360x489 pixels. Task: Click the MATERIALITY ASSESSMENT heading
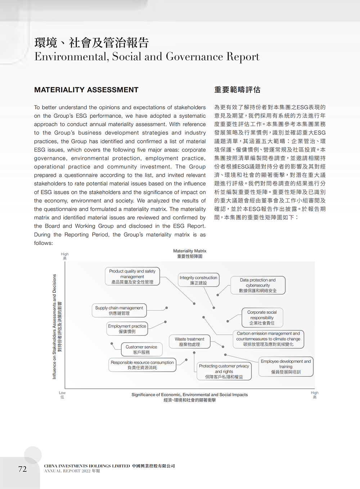pyautogui.click(x=86, y=90)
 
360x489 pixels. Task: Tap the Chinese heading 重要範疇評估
pyautogui.click(x=237, y=90)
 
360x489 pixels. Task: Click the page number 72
pyautogui.click(x=22, y=469)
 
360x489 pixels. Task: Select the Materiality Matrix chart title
pyautogui.click(x=190, y=254)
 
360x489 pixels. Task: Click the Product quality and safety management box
pyautogui.click(x=132, y=276)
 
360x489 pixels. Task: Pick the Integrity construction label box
pyautogui.click(x=198, y=280)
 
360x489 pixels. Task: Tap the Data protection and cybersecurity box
pyautogui.click(x=258, y=285)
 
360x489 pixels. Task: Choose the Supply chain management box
pyautogui.click(x=119, y=310)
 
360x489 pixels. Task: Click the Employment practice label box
pyautogui.click(x=127, y=329)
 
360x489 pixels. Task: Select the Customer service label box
pyautogui.click(x=141, y=350)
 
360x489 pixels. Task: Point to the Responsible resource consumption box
pyautogui.click(x=142, y=365)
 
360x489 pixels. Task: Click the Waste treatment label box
pyautogui.click(x=189, y=342)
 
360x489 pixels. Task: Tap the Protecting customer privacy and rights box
pyautogui.click(x=224, y=371)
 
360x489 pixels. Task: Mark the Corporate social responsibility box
pyautogui.click(x=262, y=317)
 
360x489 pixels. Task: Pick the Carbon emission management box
pyautogui.click(x=268, y=339)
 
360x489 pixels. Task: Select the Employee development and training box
pyautogui.click(x=286, y=366)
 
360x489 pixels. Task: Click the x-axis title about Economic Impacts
pyautogui.click(x=190, y=397)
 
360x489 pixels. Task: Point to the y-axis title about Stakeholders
pyautogui.click(x=57, y=326)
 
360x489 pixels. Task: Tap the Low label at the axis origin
pyautogui.click(x=62, y=395)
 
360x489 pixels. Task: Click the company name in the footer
pyautogui.click(x=109, y=466)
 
